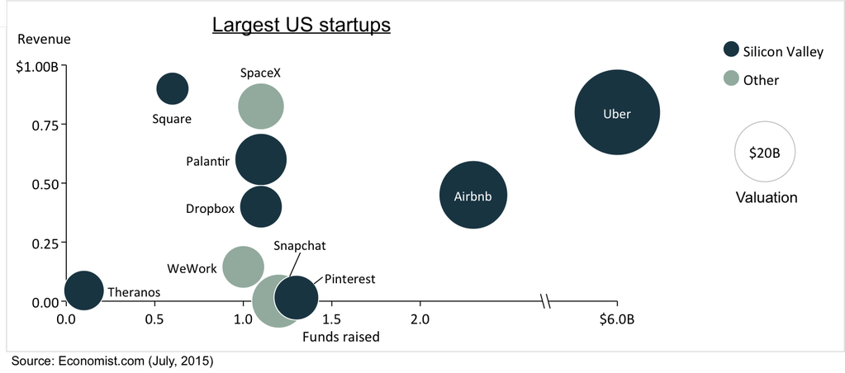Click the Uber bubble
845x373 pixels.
pyautogui.click(x=617, y=113)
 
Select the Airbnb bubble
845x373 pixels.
pyautogui.click(x=472, y=195)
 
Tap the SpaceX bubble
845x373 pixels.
pyautogui.click(x=261, y=106)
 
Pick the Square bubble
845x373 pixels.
pyautogui.click(x=172, y=88)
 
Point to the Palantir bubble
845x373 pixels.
pyautogui.click(x=261, y=160)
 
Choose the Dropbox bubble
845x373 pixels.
pyautogui.click(x=261, y=207)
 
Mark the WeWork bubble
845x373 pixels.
pyautogui.click(x=243, y=267)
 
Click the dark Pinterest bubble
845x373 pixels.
pyautogui.click(x=297, y=298)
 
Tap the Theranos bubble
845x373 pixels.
pyautogui.click(x=83, y=290)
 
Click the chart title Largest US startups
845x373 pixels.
pyautogui.click(x=301, y=25)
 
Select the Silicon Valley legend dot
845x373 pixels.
pyautogui.click(x=730, y=50)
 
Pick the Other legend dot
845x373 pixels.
pyautogui.click(x=730, y=79)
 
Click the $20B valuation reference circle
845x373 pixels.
pyautogui.click(x=764, y=152)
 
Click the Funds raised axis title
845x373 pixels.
pyautogui.click(x=340, y=337)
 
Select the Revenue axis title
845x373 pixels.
pyautogui.click(x=44, y=39)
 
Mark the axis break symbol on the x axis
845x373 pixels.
pyautogui.click(x=546, y=301)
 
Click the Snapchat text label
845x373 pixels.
pyautogui.click(x=300, y=246)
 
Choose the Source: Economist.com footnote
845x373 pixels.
pyautogui.click(x=112, y=361)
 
